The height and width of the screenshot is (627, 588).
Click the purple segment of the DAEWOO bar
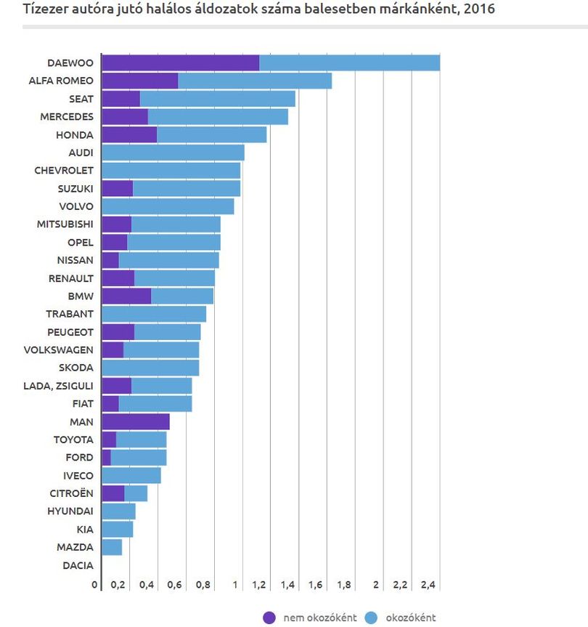click(181, 62)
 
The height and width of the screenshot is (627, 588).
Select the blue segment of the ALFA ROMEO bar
click(255, 81)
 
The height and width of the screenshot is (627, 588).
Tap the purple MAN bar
click(136, 421)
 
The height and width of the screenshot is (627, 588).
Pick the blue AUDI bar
click(173, 153)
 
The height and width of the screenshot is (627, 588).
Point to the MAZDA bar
click(112, 547)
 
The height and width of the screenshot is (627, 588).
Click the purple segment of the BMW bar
click(126, 296)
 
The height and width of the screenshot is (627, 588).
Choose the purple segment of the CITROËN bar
click(113, 493)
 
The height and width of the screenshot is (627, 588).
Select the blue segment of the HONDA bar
click(212, 134)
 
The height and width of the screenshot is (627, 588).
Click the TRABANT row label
click(70, 314)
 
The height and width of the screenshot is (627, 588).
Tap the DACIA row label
click(78, 565)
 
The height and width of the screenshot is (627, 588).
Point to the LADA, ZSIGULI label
click(58, 386)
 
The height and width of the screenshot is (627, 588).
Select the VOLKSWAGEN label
click(58, 350)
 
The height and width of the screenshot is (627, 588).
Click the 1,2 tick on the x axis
click(259, 585)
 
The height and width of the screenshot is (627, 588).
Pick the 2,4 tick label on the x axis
click(428, 585)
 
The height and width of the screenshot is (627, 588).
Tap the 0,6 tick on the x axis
click(174, 585)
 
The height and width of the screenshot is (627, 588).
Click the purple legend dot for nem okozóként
click(269, 618)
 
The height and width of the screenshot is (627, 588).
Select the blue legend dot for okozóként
click(371, 618)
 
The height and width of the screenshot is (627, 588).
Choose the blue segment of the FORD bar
click(139, 458)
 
